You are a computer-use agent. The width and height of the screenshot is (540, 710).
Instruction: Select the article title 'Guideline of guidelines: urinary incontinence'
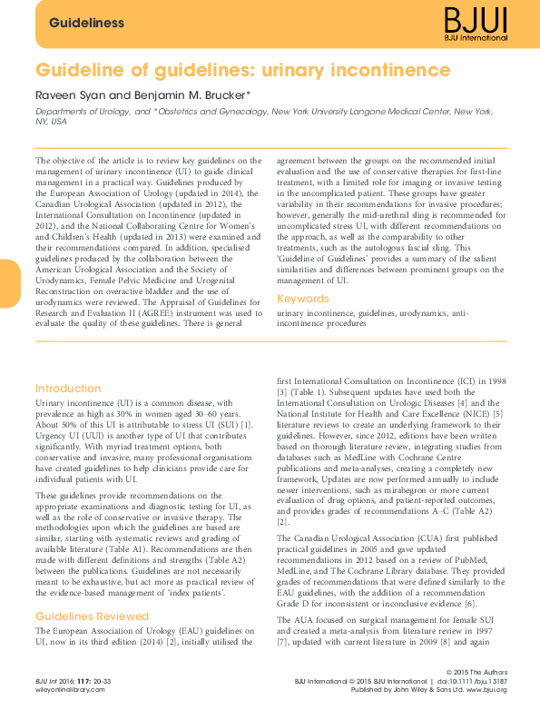(242, 70)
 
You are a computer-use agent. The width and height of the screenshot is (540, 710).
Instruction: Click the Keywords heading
(303, 299)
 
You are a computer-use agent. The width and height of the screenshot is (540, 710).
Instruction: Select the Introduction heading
(68, 389)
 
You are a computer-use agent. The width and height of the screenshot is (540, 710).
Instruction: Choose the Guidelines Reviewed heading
(93, 616)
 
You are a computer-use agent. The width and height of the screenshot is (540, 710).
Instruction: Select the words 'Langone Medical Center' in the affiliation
(398, 111)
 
